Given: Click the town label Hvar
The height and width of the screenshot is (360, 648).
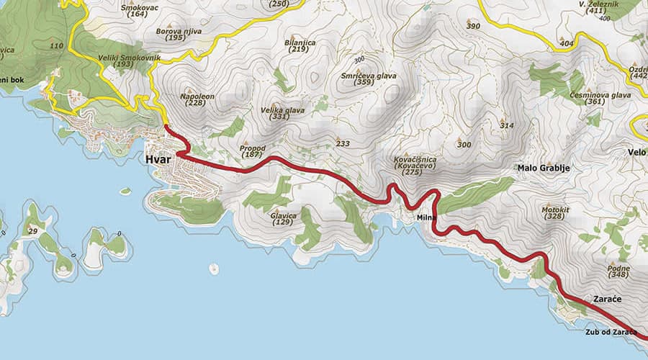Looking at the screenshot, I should [x=157, y=160].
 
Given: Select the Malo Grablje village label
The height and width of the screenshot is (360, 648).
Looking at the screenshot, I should [x=544, y=168].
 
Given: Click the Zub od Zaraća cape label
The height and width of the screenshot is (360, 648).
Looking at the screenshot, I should [x=611, y=332].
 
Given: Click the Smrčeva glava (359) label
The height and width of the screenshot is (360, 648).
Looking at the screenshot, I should [x=367, y=78].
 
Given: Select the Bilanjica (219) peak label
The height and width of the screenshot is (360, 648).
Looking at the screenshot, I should [x=300, y=46].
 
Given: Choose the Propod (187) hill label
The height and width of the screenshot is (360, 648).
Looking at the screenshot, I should [x=252, y=151].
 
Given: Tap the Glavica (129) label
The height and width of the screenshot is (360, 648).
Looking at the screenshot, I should [x=284, y=218].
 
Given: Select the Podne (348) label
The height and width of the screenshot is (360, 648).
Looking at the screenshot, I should [x=618, y=271].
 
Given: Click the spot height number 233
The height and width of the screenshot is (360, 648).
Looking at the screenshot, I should [x=343, y=144].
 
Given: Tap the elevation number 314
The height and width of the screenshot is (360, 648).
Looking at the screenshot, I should [x=508, y=126].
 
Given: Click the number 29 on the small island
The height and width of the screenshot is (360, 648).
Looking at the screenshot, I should [x=32, y=231].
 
